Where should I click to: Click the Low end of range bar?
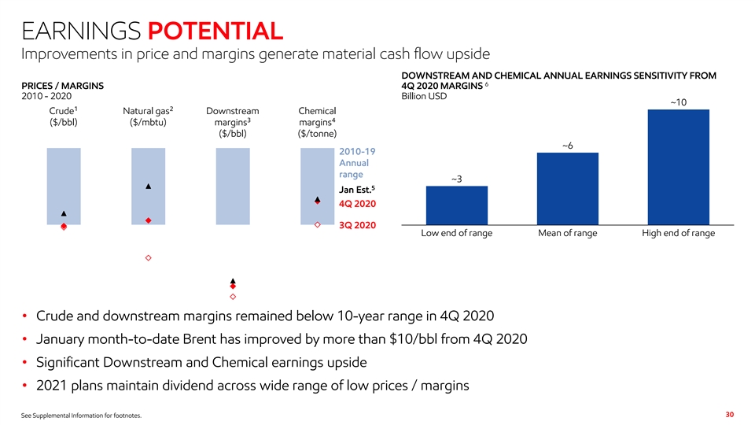point(456,205)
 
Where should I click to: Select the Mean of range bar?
point(567,188)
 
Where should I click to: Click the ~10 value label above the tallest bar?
point(678,102)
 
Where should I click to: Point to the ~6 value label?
point(567,146)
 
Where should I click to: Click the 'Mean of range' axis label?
point(567,233)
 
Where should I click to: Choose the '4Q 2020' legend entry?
point(356,205)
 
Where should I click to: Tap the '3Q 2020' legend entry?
point(356,226)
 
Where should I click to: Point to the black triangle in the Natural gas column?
point(148,187)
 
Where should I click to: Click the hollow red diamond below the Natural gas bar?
point(148,258)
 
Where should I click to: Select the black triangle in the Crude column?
point(64,214)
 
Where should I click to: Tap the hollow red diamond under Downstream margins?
point(233,297)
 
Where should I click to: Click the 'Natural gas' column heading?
point(147,110)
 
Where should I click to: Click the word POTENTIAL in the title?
point(215,31)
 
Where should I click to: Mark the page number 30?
point(728,414)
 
